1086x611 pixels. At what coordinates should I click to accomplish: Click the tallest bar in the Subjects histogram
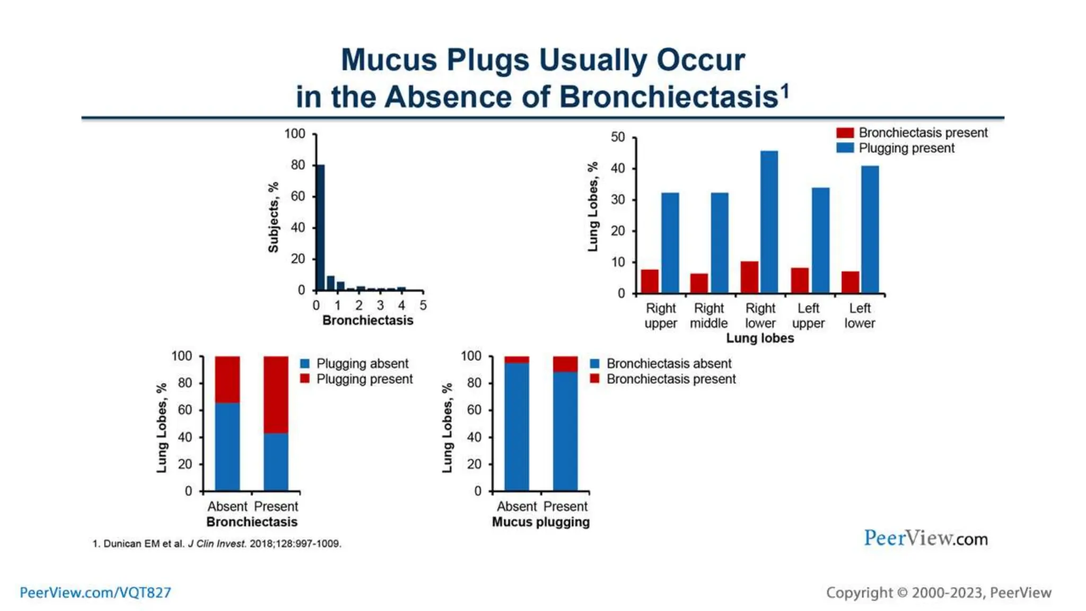(320, 228)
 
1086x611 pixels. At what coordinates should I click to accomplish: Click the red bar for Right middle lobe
(699, 283)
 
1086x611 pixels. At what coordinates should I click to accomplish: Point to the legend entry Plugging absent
(362, 364)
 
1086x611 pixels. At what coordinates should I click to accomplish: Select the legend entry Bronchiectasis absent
(669, 364)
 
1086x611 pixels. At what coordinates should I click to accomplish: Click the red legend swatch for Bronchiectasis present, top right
(845, 133)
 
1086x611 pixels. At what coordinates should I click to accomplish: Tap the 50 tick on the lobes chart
(618, 137)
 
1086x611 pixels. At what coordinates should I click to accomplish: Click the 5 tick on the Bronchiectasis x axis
(423, 305)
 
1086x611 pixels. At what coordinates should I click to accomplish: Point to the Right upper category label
(661, 316)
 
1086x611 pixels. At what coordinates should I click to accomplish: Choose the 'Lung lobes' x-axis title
(760, 338)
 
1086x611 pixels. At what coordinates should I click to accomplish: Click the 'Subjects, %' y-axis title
(274, 217)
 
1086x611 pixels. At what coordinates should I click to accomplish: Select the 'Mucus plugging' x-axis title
(541, 522)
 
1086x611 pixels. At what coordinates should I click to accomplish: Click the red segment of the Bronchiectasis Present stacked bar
(276, 395)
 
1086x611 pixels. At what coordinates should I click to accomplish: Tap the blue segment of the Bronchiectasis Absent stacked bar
(227, 447)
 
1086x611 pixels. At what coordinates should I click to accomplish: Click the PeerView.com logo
(926, 538)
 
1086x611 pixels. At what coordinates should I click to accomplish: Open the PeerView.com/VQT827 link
(95, 592)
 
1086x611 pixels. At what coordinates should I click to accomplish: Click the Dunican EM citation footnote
(217, 544)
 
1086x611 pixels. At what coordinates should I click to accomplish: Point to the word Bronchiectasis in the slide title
(668, 97)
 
